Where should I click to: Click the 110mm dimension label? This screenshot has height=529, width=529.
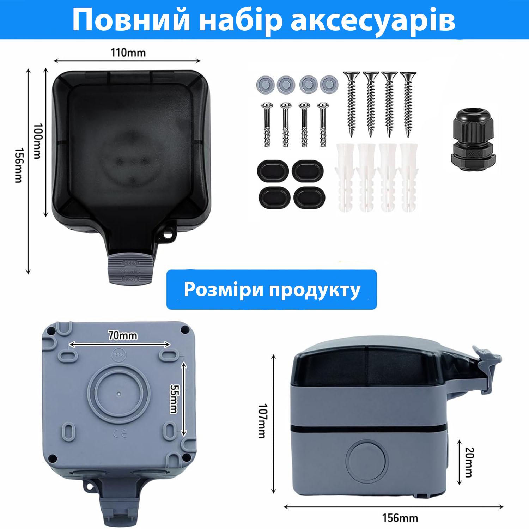[128, 53]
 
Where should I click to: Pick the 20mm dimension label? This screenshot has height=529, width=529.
[469, 462]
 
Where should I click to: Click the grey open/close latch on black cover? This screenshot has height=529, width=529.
[130, 271]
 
